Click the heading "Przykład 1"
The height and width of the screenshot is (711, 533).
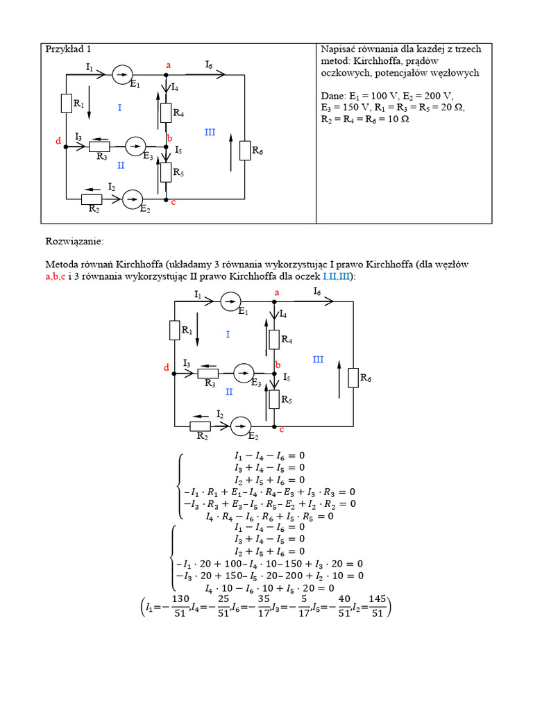(67, 49)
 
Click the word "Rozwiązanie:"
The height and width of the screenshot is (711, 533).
(74, 242)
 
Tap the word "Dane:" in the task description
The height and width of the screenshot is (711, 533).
(335, 96)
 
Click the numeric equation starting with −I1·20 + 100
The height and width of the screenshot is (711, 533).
(270, 563)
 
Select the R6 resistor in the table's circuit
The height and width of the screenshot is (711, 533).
(244, 150)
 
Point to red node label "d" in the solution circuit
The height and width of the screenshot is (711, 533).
(166, 367)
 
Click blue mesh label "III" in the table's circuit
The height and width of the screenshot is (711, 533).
(210, 132)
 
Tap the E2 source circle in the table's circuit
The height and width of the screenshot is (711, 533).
(132, 200)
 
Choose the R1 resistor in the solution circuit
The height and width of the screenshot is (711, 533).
(174, 331)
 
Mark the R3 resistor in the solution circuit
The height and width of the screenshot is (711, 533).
(208, 374)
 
